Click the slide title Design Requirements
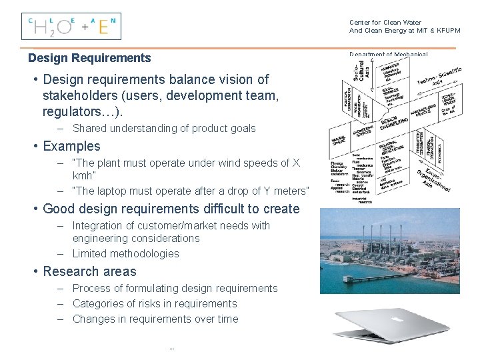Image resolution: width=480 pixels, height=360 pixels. point(89,58)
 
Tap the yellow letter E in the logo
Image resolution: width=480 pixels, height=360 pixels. point(103,27)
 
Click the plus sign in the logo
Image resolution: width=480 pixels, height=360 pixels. point(85,28)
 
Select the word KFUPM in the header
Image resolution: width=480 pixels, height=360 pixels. point(445,31)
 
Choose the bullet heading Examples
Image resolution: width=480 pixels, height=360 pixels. point(71,146)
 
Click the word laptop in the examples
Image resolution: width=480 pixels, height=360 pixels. point(111,191)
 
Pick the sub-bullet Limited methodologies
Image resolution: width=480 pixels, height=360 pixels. point(125,253)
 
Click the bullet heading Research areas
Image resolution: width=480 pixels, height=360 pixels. point(89,271)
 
